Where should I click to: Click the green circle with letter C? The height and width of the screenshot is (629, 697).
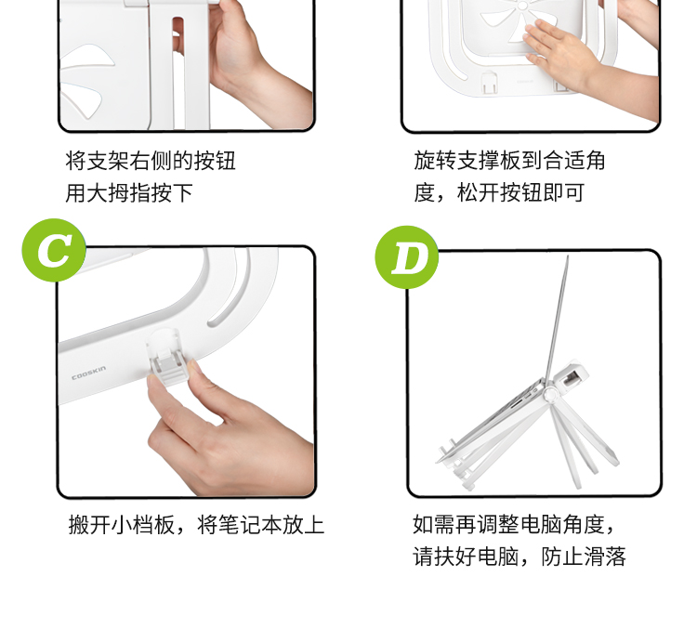tap(54, 250)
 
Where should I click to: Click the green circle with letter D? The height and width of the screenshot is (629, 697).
tap(407, 257)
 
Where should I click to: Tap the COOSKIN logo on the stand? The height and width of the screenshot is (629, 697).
tap(89, 373)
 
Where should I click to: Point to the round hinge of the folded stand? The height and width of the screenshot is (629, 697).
tap(551, 394)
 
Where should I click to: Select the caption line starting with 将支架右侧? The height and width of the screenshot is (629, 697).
tap(151, 161)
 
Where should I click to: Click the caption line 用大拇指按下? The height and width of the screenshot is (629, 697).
tap(129, 193)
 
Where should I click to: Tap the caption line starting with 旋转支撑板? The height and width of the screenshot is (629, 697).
tap(509, 161)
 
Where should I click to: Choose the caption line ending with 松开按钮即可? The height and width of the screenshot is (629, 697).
tap(499, 193)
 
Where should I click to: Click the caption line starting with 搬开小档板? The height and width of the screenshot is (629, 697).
tap(196, 525)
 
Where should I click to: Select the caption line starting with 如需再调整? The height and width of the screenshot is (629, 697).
tap(514, 525)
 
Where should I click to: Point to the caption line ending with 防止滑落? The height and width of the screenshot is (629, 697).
tap(519, 557)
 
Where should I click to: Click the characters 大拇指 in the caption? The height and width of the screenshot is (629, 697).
tap(118, 193)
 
